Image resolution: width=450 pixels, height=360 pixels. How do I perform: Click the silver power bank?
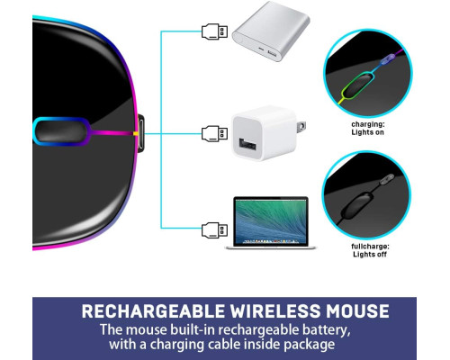pos(271,31)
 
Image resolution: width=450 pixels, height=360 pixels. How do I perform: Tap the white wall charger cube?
pos(265,133)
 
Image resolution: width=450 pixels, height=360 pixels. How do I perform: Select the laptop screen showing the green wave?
pos(271,220)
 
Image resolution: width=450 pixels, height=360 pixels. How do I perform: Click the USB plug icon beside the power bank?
pos(214,31)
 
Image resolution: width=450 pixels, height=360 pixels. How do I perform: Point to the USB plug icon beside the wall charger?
pos(214,133)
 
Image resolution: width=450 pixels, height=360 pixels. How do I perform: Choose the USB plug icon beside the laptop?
pos(214,230)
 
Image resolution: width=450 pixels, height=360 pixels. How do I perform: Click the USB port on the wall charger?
pos(247,144)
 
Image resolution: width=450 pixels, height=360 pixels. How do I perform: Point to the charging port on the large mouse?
pos(140,133)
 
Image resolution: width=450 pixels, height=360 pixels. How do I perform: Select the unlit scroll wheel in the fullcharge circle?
pos(357,204)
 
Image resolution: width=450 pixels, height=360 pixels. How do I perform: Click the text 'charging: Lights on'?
pos(368,128)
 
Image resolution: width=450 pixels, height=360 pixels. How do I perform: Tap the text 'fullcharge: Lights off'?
pos(370,250)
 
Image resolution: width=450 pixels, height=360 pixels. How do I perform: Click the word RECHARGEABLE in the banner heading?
pos(153,311)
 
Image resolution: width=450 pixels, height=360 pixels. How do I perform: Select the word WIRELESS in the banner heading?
pos(275,311)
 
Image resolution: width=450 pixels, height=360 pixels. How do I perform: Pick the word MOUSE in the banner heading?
pos(358,311)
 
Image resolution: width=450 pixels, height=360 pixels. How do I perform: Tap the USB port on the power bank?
pos(272,54)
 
